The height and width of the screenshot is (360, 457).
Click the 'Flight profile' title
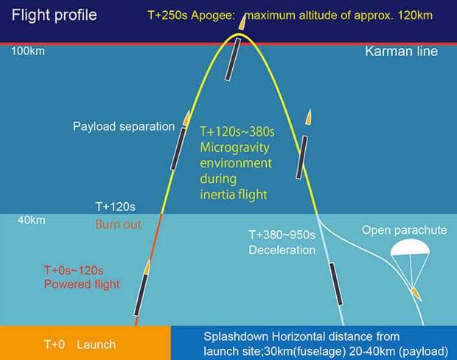click(x=55, y=15)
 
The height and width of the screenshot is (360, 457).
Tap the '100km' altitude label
click(x=28, y=52)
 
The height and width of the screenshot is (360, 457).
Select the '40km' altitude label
click(x=32, y=221)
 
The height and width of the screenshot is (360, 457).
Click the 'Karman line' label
click(x=401, y=52)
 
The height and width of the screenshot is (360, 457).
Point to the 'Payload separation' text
click(x=124, y=127)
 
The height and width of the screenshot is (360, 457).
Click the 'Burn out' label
click(x=118, y=225)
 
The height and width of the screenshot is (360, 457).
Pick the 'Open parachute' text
click(x=404, y=230)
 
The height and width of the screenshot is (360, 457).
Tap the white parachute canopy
click(x=410, y=247)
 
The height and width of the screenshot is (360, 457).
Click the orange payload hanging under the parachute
click(x=416, y=294)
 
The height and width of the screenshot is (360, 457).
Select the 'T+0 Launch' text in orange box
click(x=80, y=345)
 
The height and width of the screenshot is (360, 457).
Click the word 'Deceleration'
click(x=282, y=250)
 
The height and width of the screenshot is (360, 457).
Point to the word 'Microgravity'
click(x=234, y=148)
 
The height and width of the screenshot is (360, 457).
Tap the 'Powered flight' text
click(x=82, y=284)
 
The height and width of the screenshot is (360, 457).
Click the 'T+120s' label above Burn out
click(x=116, y=207)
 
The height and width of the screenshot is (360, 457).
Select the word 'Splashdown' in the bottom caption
click(x=235, y=336)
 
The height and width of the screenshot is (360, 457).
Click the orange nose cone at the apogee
click(x=243, y=22)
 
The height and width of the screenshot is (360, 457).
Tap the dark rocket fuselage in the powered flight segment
click(x=141, y=294)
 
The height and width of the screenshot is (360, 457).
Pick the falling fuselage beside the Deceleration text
click(x=336, y=284)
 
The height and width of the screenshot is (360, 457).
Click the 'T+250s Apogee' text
click(x=191, y=15)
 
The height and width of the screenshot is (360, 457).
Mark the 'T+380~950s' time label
click(x=282, y=235)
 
